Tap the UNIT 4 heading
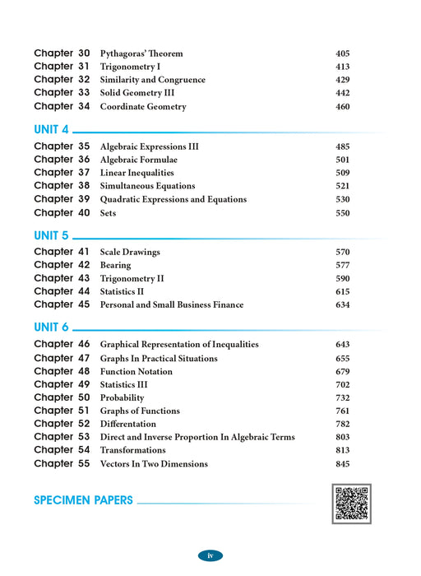point(52,129)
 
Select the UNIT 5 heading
point(52,235)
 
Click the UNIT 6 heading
point(52,327)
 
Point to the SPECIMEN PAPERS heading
point(83,499)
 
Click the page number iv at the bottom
point(210,556)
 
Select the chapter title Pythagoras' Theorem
point(141,53)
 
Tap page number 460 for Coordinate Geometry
point(343,107)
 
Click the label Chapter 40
point(62,213)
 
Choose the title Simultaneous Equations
point(147,187)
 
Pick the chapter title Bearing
point(115,266)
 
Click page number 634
point(343,305)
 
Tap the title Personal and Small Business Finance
point(171,305)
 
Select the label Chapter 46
point(62,344)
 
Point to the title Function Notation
point(136,371)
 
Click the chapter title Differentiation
point(133,424)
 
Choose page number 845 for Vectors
point(343,464)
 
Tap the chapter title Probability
point(123,397)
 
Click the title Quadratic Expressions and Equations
point(173,200)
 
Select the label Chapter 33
point(62,93)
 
